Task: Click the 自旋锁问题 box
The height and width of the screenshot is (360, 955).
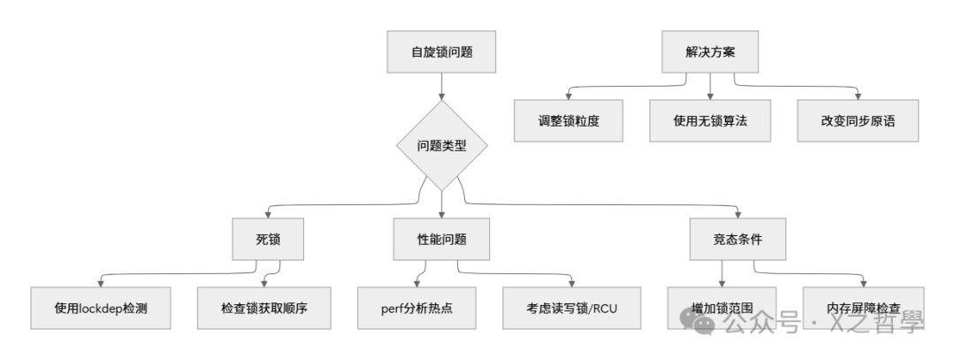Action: (x=441, y=52)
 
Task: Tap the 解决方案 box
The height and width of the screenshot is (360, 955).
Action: (x=710, y=52)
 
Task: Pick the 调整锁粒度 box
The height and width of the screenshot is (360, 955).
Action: (x=569, y=121)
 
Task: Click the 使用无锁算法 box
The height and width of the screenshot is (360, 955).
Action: (x=710, y=121)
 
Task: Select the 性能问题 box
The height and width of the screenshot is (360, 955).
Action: (x=441, y=239)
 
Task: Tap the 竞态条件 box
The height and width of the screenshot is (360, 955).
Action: (x=738, y=239)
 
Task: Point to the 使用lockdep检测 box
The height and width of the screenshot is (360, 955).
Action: (x=100, y=308)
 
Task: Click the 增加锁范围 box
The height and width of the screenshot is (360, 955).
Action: (x=722, y=308)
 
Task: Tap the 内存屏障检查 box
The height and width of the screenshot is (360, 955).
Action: (x=863, y=308)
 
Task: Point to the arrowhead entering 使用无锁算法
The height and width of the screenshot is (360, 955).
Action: (x=710, y=95)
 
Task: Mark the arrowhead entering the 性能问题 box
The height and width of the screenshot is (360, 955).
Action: (x=441, y=213)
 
